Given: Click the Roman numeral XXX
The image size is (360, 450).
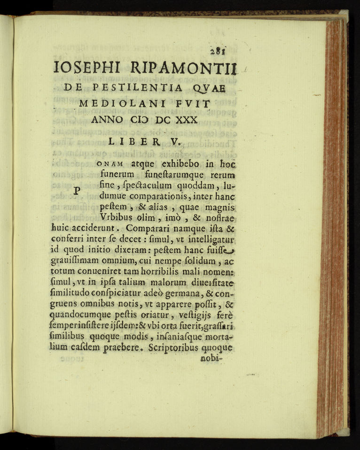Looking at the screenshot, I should [x=186, y=120].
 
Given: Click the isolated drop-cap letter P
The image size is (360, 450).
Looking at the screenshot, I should [x=78, y=191].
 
